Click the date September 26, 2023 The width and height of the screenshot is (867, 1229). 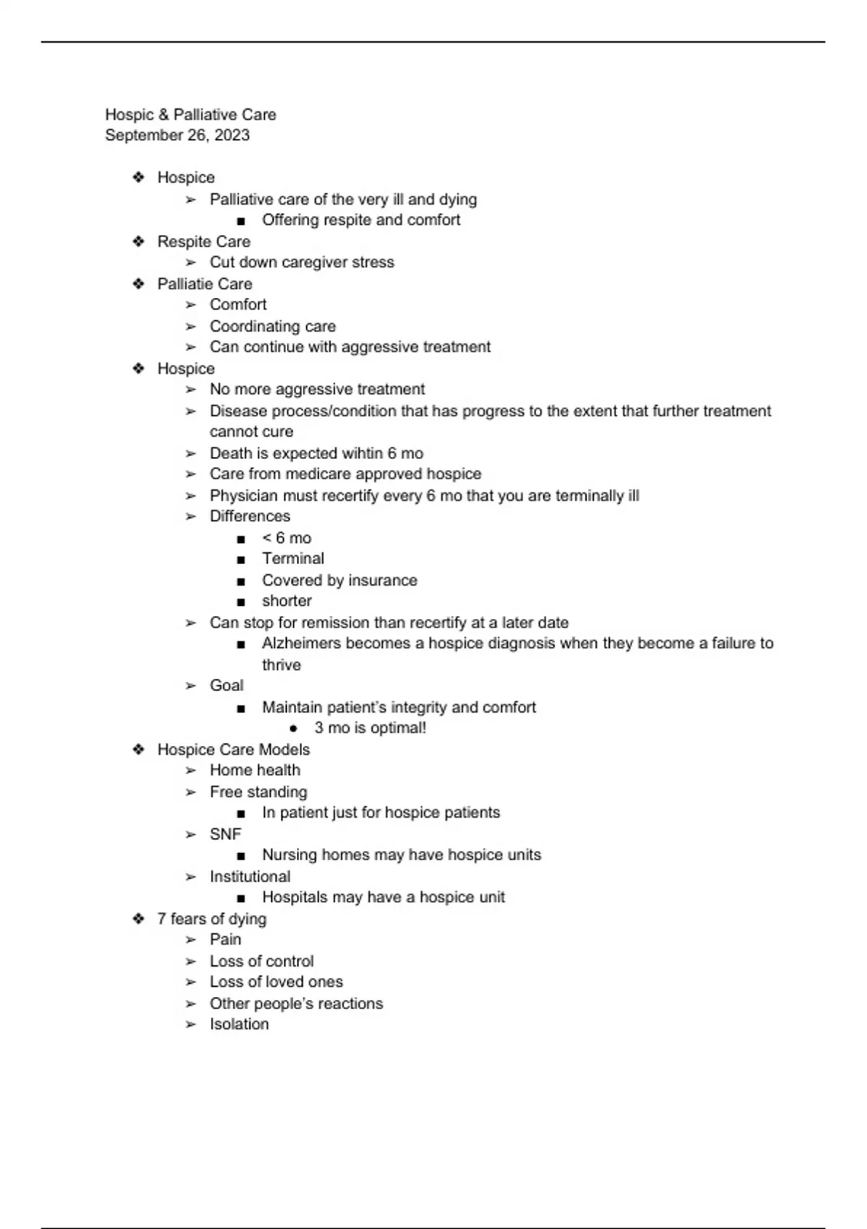coord(177,135)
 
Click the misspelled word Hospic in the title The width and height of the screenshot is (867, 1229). coord(129,115)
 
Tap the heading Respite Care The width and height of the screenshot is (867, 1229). coord(204,241)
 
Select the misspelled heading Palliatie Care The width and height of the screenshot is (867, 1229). coord(204,284)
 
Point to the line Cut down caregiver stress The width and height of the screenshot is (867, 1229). coord(302,262)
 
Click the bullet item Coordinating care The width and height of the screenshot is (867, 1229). coord(272,326)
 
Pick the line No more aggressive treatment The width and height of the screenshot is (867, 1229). coord(317,390)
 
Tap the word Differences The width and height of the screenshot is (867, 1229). coord(250,516)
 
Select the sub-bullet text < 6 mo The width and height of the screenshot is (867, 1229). coord(286,538)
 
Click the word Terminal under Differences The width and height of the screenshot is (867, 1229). coord(293,559)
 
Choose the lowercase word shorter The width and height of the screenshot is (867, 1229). coord(287,601)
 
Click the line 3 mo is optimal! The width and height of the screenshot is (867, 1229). coord(370,728)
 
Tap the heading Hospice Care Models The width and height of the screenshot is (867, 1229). coord(233,750)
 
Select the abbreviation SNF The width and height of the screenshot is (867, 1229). coord(225,834)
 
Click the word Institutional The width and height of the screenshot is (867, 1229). coord(250,877)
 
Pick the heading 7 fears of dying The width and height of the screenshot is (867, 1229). coord(212,919)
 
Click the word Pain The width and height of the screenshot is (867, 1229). coord(225,940)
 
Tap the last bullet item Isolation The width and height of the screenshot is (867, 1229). coord(239,1024)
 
